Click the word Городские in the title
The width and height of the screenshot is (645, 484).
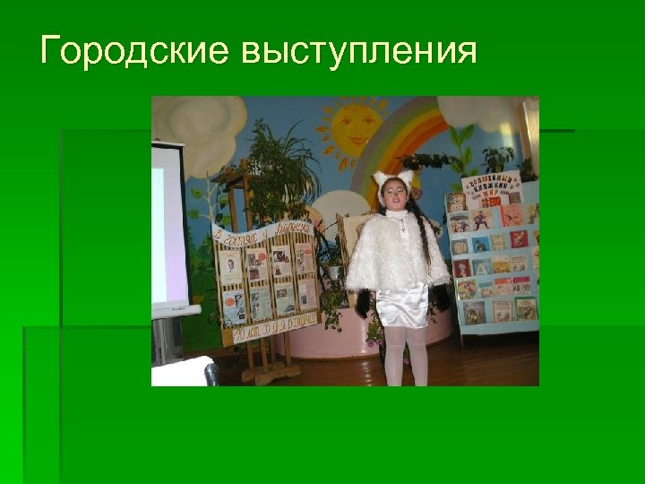tap(134, 52)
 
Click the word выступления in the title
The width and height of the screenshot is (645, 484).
tap(358, 52)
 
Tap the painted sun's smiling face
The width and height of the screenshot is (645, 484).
tap(351, 128)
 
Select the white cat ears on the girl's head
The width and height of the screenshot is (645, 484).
tap(394, 177)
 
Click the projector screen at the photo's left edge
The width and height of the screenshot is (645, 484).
tap(168, 224)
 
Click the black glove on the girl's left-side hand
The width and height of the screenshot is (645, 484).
tap(363, 303)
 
